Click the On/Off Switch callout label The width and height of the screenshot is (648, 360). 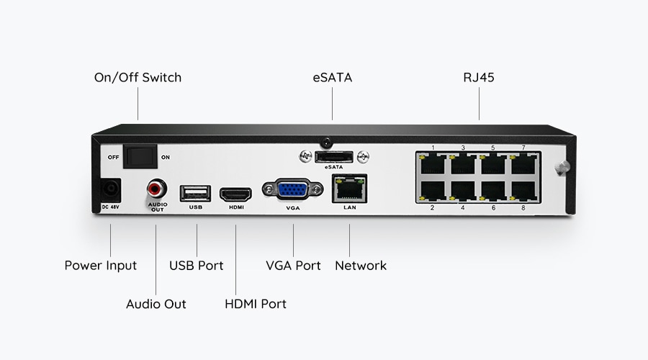138,77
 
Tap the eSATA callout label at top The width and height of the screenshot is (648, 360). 332,77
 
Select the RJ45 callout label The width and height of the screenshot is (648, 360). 479,77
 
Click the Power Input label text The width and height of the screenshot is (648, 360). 101,266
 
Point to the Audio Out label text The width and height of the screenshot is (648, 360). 156,304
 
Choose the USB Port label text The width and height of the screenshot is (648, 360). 197,266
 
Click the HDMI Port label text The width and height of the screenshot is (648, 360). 256,304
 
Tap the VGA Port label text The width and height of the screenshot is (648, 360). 293,266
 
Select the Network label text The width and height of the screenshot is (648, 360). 361,266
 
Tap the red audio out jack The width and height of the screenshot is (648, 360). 156,189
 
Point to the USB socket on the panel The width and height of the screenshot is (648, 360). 196,193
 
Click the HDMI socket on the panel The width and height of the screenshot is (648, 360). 235,194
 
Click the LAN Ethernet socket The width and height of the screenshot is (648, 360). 349,189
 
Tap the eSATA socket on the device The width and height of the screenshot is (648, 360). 333,156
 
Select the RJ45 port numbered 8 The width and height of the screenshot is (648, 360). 523,191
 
